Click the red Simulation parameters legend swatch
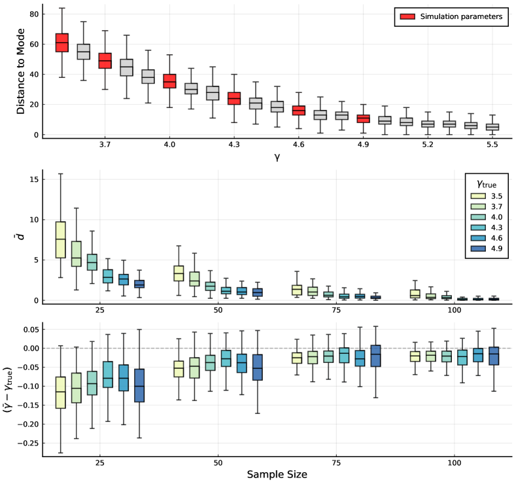click(405, 17)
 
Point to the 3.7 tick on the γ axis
click(105, 143)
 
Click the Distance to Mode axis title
click(21, 71)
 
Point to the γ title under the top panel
click(279, 156)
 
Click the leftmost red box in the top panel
click(62, 43)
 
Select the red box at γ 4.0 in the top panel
click(169, 81)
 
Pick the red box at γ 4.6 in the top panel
click(298, 110)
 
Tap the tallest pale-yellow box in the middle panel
click(60, 239)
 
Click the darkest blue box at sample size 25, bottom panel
click(139, 385)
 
